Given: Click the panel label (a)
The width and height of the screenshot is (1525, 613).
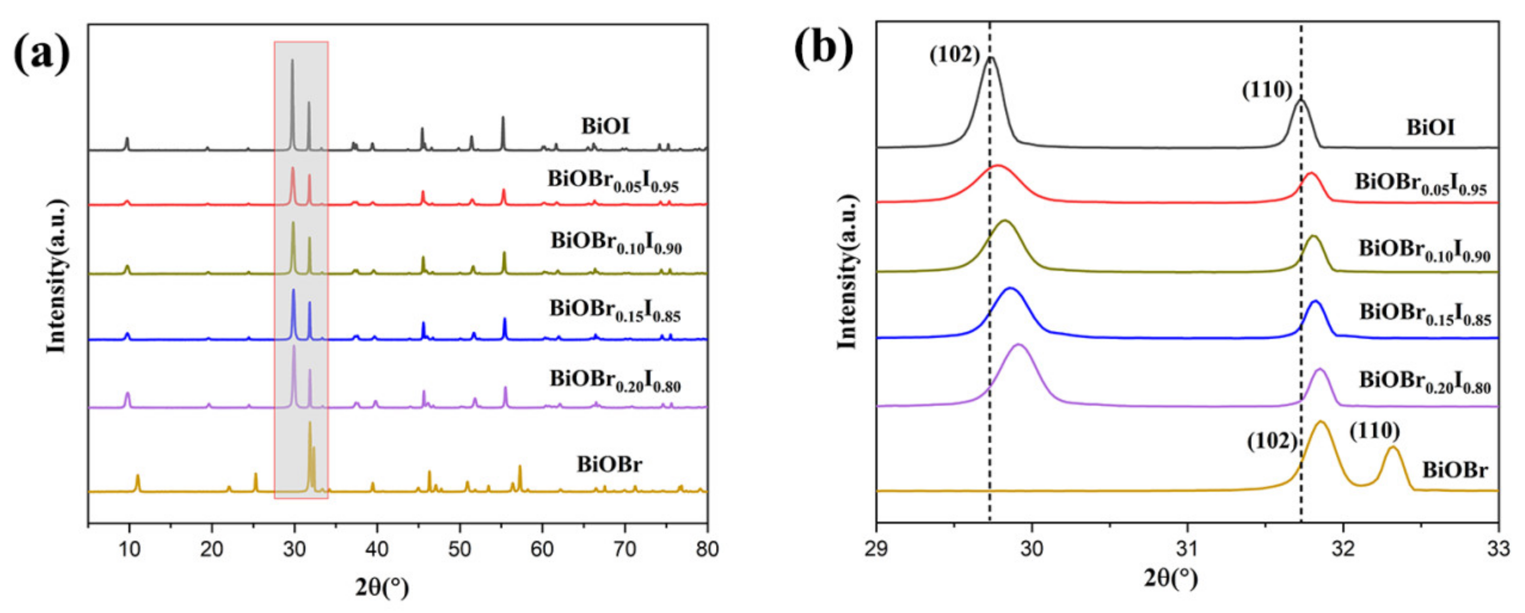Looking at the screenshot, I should [41, 55].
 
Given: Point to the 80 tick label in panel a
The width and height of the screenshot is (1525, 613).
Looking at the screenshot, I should [706, 549].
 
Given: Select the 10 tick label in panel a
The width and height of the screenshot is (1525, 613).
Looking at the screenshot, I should [129, 549].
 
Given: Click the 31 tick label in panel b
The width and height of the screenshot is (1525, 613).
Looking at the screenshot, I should [1187, 549].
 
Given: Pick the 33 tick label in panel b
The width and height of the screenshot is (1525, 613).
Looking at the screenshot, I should [1497, 549].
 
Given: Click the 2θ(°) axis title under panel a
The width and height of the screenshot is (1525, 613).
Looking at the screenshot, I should [383, 587].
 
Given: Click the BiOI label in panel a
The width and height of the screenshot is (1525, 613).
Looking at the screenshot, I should [605, 126].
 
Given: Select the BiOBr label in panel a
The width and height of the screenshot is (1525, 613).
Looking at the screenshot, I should [609, 464].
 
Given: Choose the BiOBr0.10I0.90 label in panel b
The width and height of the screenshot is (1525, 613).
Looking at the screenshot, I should [1424, 250].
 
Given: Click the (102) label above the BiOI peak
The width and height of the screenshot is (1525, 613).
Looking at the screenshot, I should [955, 55].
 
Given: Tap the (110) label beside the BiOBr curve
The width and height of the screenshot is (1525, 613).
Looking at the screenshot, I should [1374, 431].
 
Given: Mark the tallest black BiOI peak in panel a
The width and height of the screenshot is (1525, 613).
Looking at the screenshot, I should [292, 61].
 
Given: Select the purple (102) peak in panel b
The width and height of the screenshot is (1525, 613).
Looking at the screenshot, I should [1019, 345].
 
